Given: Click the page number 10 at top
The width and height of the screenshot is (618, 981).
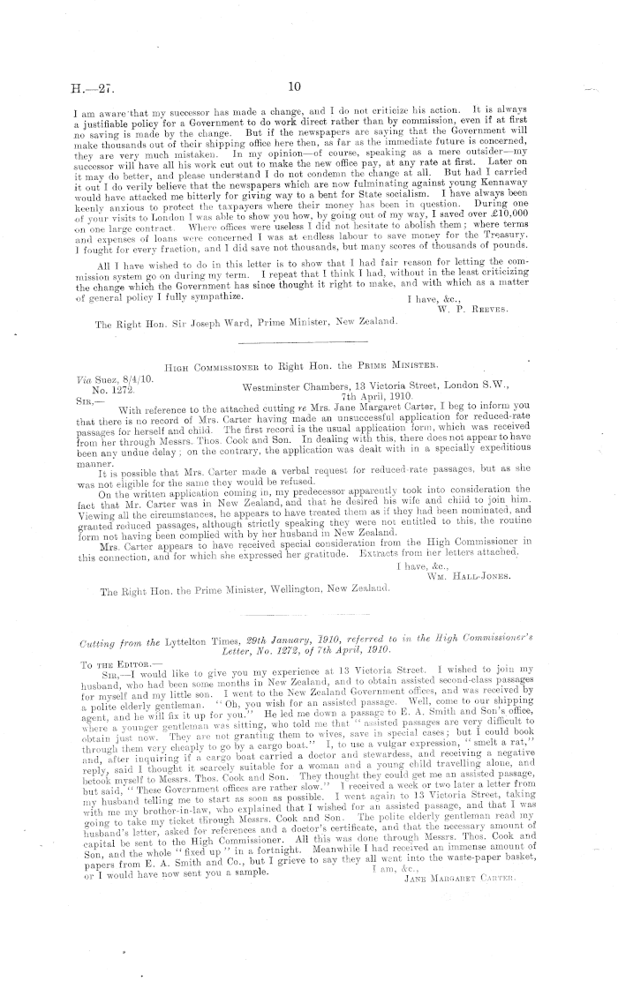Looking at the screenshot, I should (295, 86).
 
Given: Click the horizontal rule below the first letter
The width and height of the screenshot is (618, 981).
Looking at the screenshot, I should (304, 341).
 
